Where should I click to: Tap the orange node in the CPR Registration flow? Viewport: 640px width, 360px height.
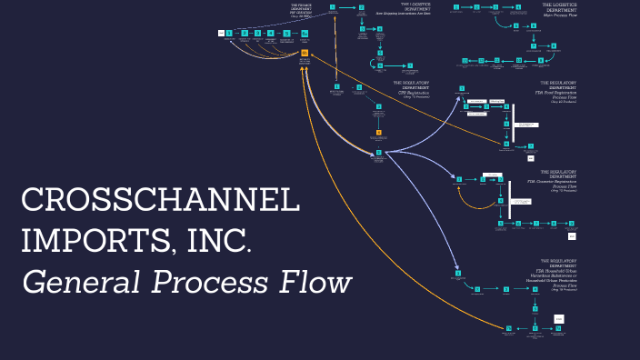pyautogui.click(x=378, y=134)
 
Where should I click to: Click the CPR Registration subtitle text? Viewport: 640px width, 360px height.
pyautogui.click(x=410, y=92)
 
